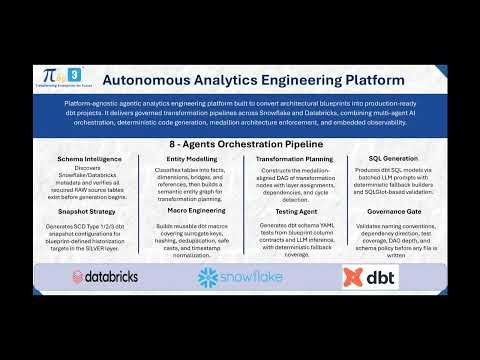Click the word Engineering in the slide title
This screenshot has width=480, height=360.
(291, 77)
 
